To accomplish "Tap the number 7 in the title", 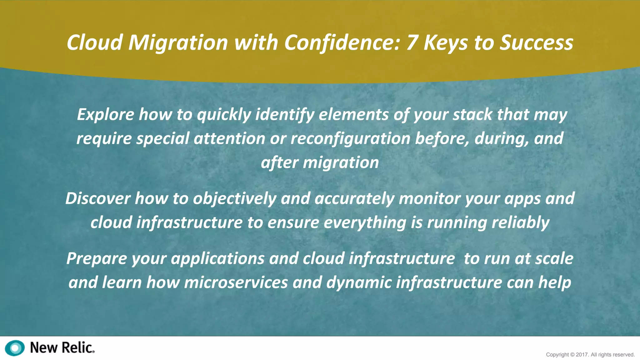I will point(412,42).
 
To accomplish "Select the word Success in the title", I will point(536,42).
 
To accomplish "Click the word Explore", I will point(105,114).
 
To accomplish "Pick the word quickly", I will point(224,114).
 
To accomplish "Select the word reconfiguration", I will point(350,138).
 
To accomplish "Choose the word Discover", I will point(98,198).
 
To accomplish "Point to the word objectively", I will point(234,199).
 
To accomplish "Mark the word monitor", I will point(429,198).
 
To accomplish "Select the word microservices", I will point(236,282).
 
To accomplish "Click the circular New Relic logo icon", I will point(15,348).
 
